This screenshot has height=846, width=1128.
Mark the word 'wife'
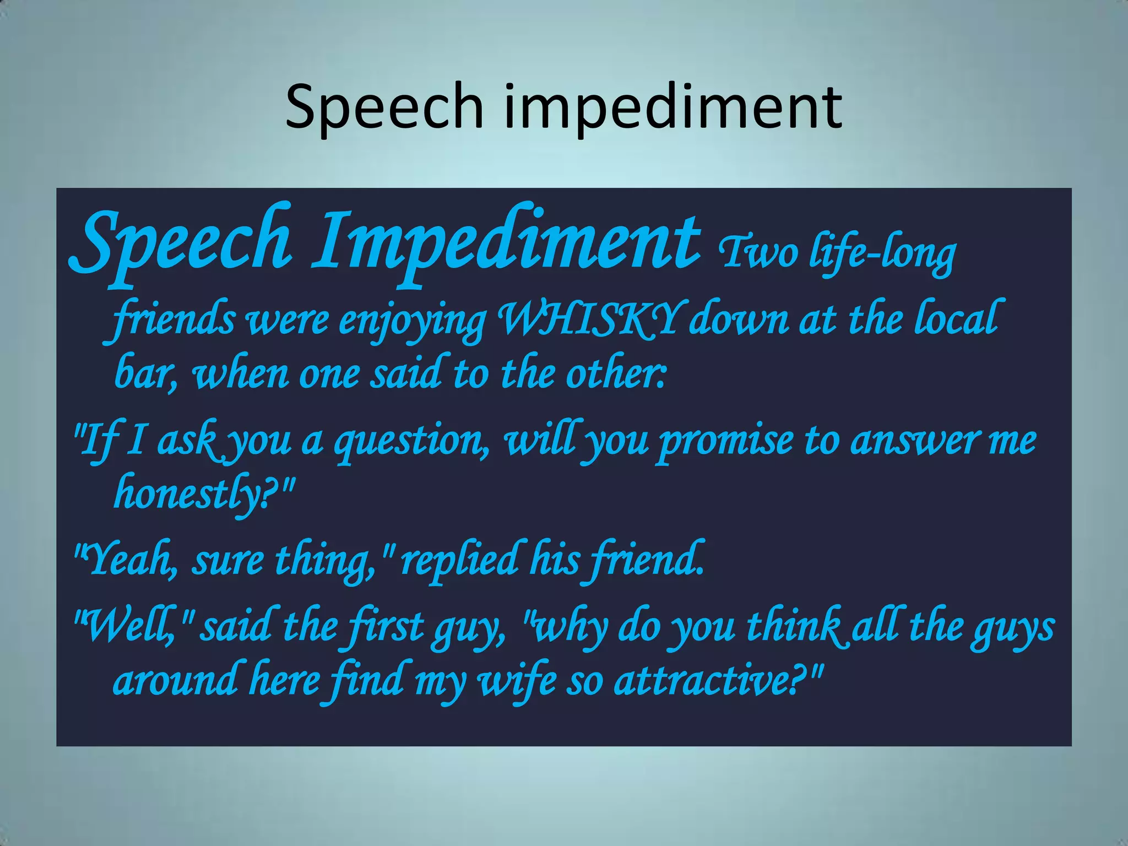point(517,681)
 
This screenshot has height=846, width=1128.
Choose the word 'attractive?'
point(711,681)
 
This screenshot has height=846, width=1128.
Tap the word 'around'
point(175,681)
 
